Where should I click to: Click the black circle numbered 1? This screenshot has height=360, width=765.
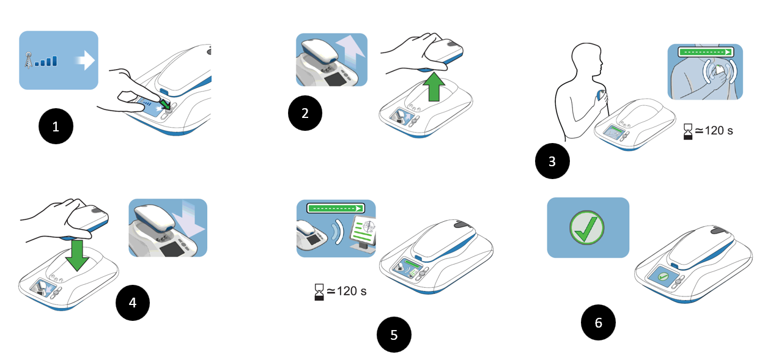56,127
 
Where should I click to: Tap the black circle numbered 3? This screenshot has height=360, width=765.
552,161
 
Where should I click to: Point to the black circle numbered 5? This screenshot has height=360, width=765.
394,334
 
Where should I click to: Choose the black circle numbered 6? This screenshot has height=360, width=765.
598,322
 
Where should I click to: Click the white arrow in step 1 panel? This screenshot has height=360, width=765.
83,61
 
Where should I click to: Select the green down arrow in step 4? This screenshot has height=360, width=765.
77,254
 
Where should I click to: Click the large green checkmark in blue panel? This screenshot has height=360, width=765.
587,227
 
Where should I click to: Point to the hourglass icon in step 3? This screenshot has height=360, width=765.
689,131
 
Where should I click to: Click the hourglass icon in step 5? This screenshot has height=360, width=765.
318,292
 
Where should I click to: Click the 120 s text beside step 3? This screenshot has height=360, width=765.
715,130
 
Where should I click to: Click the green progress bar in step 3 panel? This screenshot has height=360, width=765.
705,53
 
